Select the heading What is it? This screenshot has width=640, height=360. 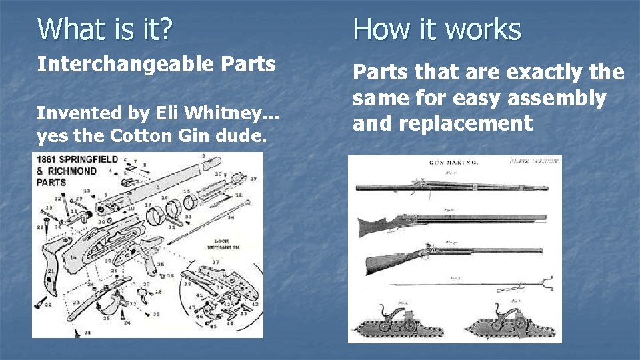(105, 29)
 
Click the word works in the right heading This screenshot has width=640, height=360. (485, 29)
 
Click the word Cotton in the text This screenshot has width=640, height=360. (137, 136)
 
